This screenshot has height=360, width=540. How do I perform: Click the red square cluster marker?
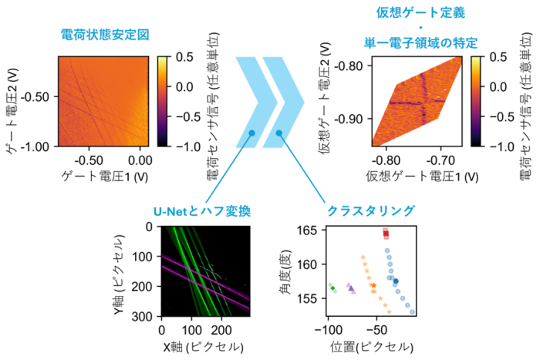coord(386,232)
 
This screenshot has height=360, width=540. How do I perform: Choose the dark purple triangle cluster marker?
coord(351,288)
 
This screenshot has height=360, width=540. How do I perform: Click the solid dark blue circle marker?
coord(396,281)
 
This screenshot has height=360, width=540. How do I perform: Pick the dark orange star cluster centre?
coord(373,286)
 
